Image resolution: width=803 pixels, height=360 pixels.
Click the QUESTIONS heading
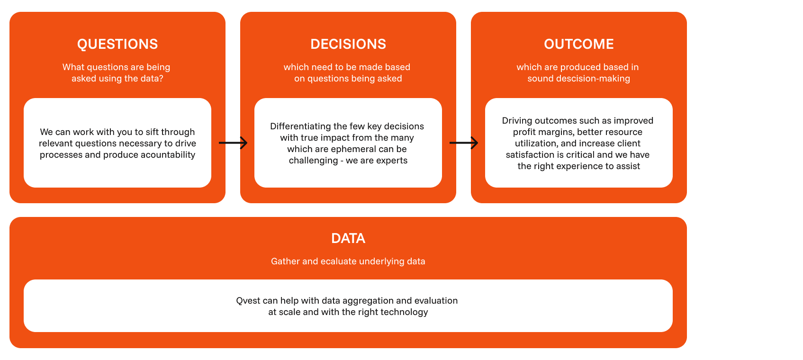pos(117,44)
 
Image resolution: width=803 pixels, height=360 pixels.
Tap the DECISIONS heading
pos(348,44)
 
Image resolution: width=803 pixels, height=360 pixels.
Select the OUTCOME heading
pos(578,44)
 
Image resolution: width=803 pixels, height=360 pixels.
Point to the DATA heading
pos(348,238)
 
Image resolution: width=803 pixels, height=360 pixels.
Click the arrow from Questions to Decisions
pos(233,143)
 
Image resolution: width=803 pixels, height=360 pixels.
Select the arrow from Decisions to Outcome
pos(464,143)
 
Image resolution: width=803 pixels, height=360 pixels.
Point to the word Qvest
pos(248,300)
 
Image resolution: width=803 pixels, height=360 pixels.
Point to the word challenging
pos(313,161)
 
